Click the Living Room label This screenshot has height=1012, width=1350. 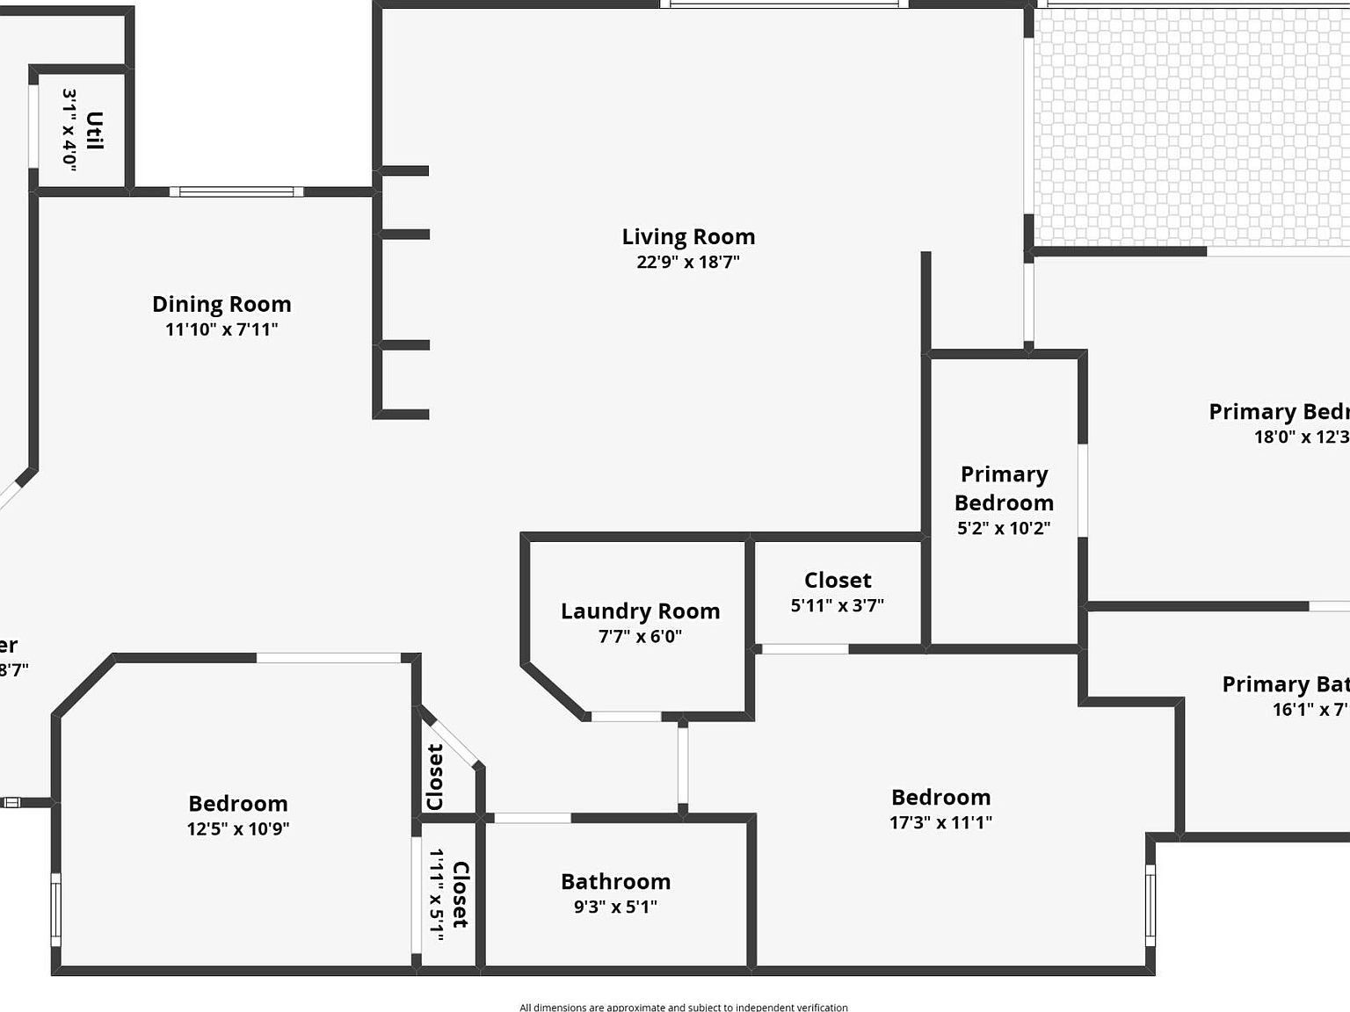tap(688, 236)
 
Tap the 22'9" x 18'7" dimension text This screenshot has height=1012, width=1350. tap(688, 262)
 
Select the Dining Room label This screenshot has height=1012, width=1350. tap(221, 304)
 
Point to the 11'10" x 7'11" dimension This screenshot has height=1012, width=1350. tap(221, 329)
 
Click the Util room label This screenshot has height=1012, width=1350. tap(95, 130)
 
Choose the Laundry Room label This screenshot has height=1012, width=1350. tap(640, 611)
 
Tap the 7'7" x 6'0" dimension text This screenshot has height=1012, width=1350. tap(640, 636)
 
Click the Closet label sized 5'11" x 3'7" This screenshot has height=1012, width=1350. tap(838, 580)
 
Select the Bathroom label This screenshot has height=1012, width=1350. tap(615, 881)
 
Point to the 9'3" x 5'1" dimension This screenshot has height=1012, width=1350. tap(615, 907)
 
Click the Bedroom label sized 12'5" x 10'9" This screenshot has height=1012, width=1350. tap(238, 803)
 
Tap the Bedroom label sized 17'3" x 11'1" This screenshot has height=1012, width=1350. tap(940, 797)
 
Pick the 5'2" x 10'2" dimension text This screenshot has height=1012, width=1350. tap(1004, 528)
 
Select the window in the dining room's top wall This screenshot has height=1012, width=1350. tap(236, 192)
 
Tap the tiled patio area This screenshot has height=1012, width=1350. tap(1191, 127)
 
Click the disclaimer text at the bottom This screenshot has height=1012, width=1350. tap(683, 1007)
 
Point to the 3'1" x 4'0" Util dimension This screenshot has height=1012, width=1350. tap(70, 130)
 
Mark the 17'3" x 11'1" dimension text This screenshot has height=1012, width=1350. tap(940, 822)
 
